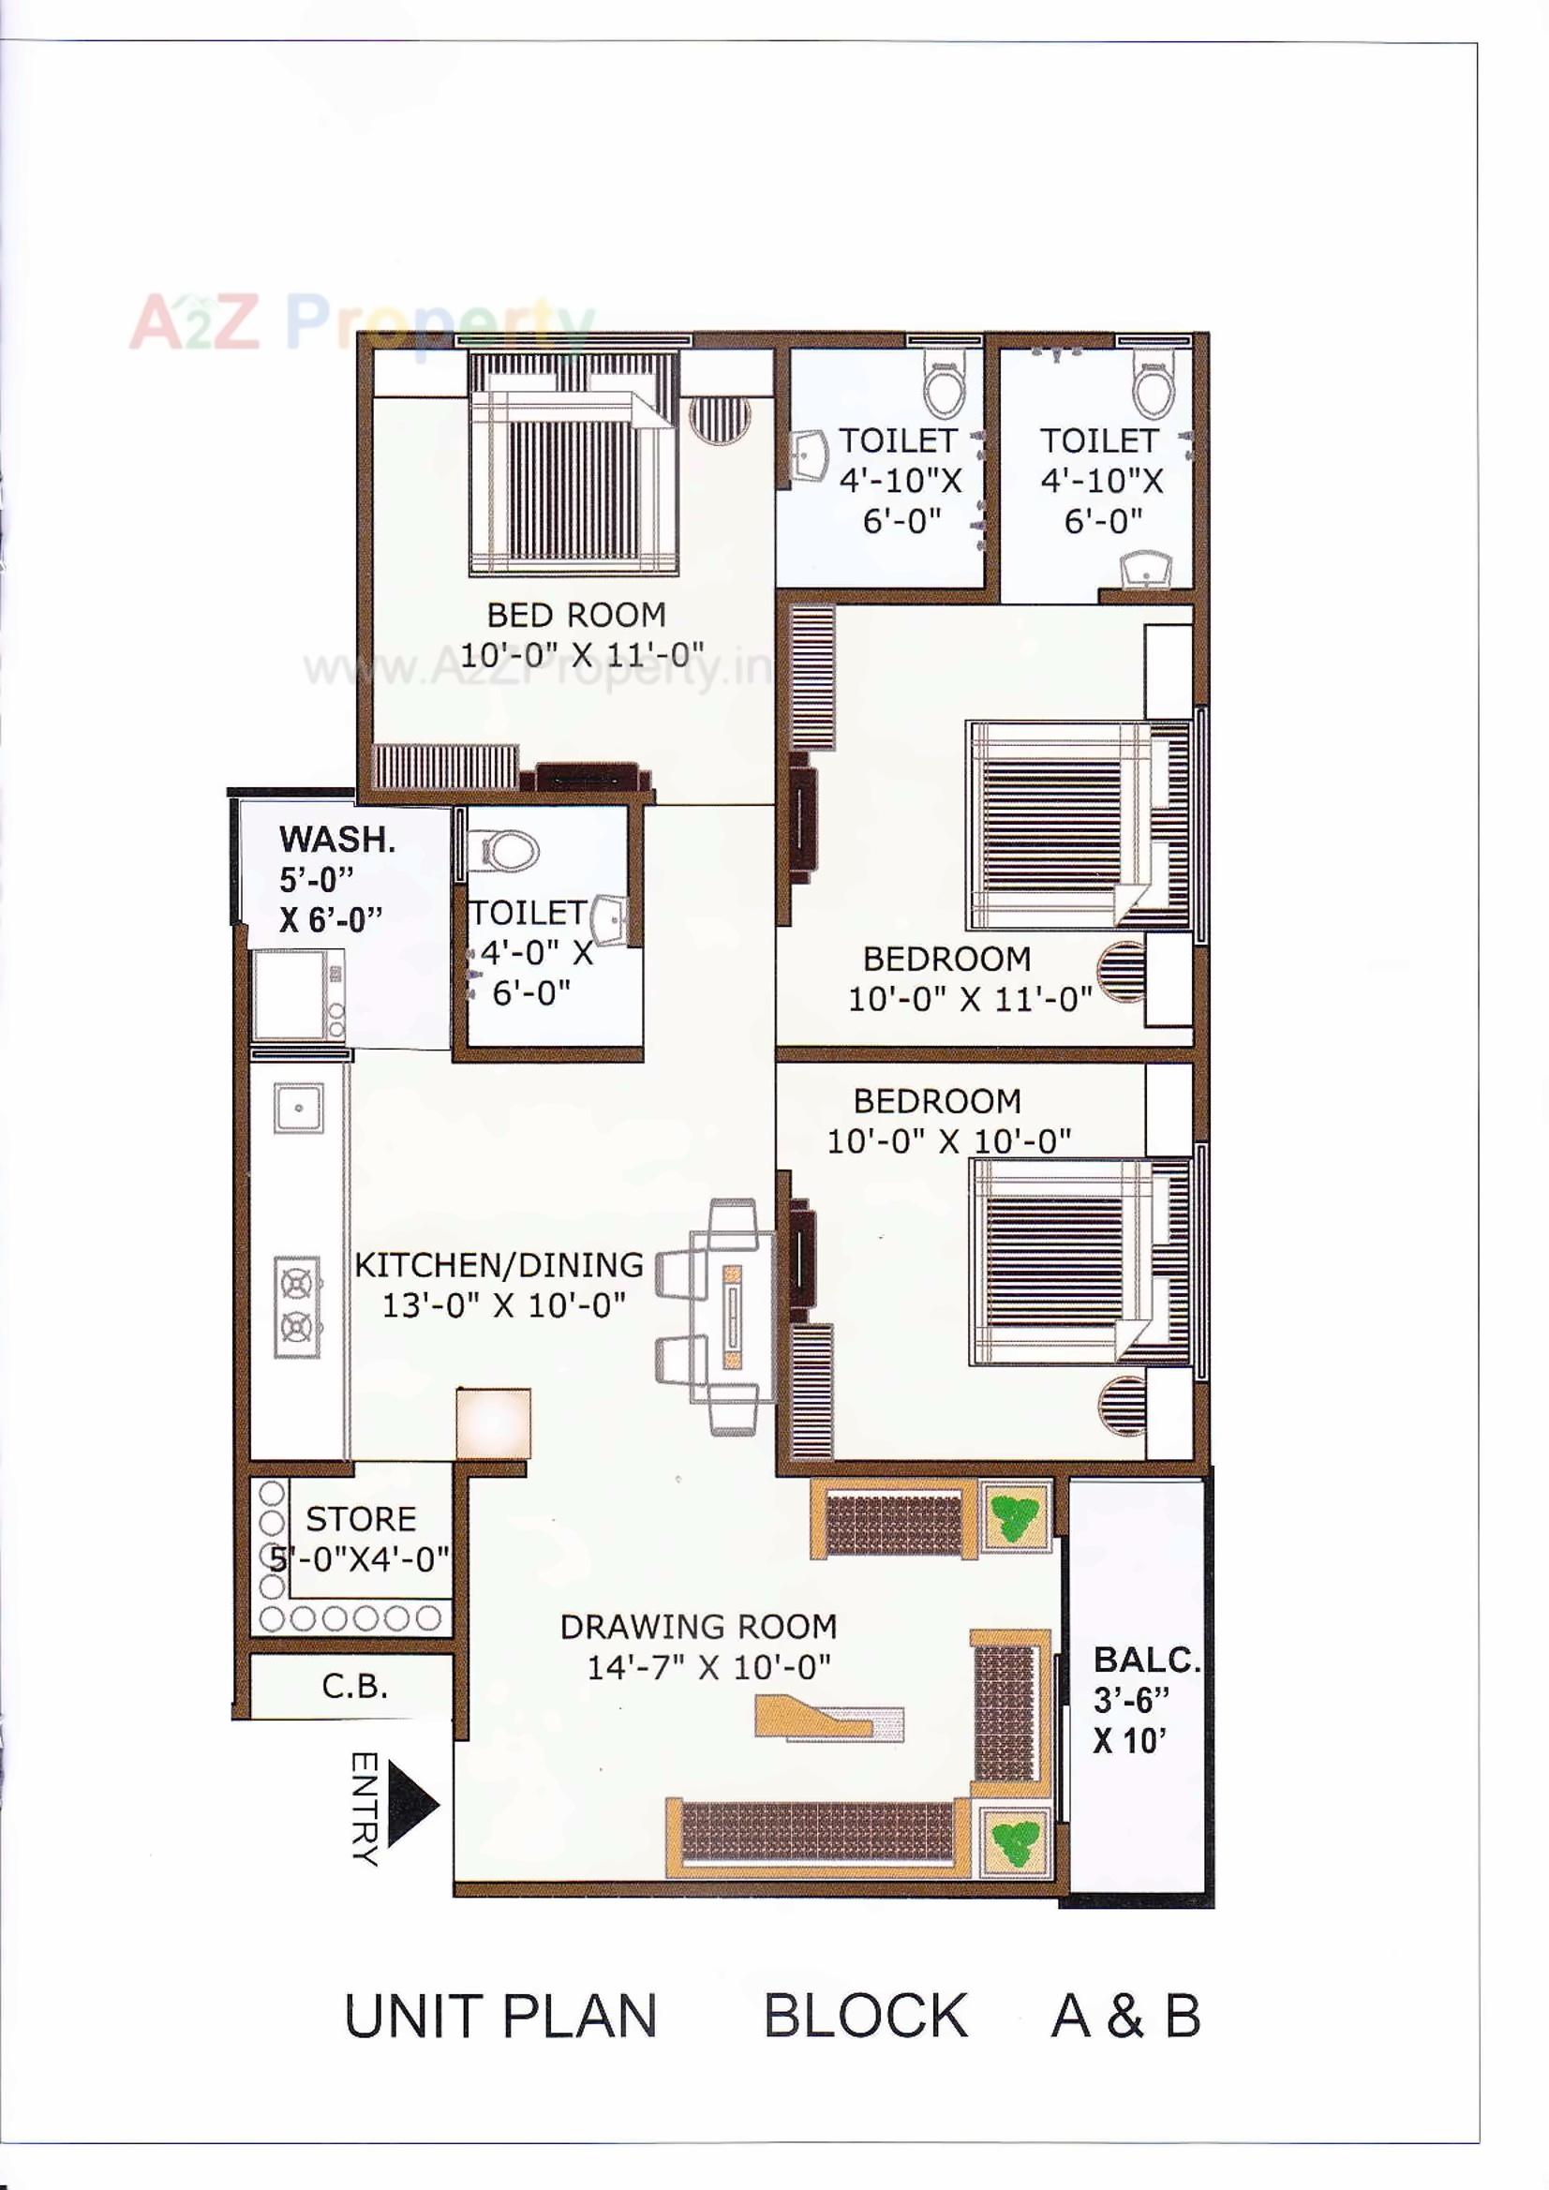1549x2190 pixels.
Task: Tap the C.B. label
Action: pos(355,1687)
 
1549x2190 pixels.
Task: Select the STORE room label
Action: pos(361,1518)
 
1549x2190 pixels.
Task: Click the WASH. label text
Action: pos(336,840)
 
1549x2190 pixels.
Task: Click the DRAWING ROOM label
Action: pos(698,1626)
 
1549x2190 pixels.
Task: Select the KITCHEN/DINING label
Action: pos(499,1265)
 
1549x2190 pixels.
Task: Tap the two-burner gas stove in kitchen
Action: pos(298,1305)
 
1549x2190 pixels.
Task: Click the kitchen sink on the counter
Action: pos(299,1109)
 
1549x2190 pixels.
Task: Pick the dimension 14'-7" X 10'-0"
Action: pos(707,1667)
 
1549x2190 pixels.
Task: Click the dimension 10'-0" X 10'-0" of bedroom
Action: pos(948,1140)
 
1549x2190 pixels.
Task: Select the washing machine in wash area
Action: pos(299,995)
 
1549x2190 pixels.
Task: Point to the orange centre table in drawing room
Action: pos(828,1718)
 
